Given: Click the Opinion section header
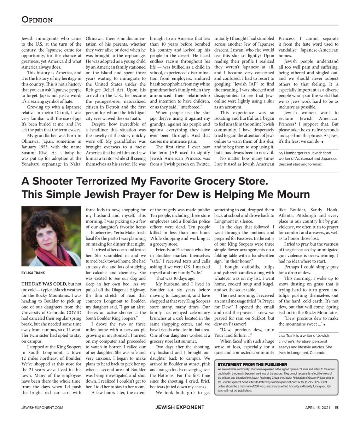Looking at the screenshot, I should click(37, 19).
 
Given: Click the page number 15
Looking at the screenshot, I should click(337, 407).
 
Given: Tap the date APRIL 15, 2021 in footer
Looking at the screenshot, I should click(318, 407).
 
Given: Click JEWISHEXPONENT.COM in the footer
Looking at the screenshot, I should click(42, 407).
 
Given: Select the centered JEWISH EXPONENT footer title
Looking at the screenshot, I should click(180, 407).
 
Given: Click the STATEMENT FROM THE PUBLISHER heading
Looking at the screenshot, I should click(252, 364).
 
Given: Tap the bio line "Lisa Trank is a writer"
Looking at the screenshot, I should click(303, 335).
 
